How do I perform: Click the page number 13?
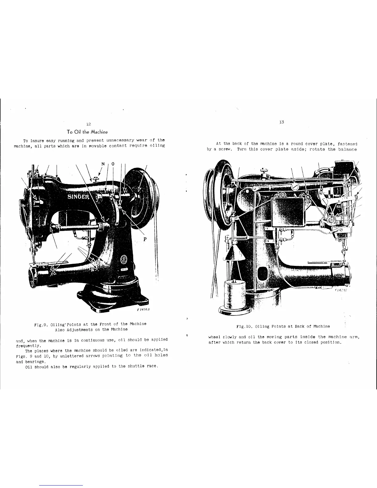point(281,122)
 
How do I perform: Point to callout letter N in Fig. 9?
point(103,164)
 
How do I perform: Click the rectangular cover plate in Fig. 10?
point(287,213)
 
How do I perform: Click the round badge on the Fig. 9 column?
point(125,259)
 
